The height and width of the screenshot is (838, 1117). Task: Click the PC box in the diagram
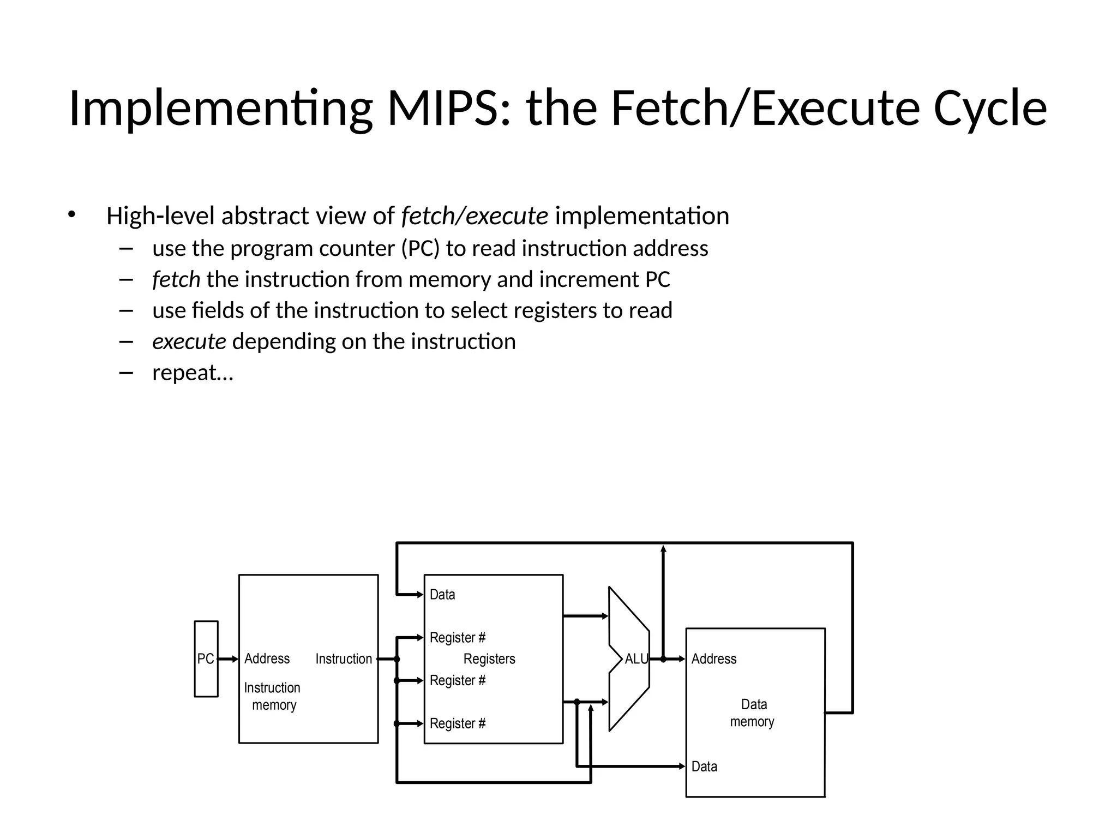tap(206, 659)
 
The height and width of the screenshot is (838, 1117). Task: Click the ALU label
tap(636, 659)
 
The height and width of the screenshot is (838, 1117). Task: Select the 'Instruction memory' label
tap(272, 696)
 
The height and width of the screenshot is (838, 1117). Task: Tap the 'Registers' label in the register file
tap(489, 659)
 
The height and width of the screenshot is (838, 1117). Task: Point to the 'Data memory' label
tap(753, 713)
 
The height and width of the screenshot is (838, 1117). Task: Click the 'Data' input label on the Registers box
tap(442, 595)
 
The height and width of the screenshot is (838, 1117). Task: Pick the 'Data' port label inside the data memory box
tap(704, 767)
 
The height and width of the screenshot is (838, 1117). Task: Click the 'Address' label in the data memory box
tap(713, 659)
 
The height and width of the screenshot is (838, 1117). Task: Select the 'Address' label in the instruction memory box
tap(267, 659)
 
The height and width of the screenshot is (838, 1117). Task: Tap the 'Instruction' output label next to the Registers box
tap(344, 659)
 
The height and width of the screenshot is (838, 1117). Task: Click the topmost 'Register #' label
tap(458, 638)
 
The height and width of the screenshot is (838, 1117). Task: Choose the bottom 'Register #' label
tap(458, 724)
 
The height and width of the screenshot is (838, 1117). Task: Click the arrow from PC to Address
tap(228, 659)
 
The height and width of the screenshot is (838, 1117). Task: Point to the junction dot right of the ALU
tap(663, 659)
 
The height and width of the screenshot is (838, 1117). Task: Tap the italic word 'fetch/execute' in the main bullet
tap(475, 216)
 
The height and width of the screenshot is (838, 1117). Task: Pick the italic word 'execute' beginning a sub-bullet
tap(189, 342)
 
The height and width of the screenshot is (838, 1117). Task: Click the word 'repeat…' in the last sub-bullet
tap(193, 373)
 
